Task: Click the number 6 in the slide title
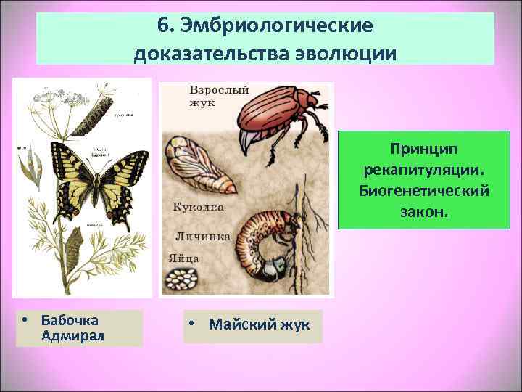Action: (x=162, y=26)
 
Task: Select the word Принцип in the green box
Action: (x=424, y=150)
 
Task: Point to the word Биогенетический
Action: (x=424, y=191)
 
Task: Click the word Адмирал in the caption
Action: (x=73, y=335)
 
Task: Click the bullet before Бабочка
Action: (x=25, y=320)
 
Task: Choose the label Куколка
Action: (x=198, y=207)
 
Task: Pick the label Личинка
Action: (x=203, y=236)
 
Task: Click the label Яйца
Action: (x=184, y=258)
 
